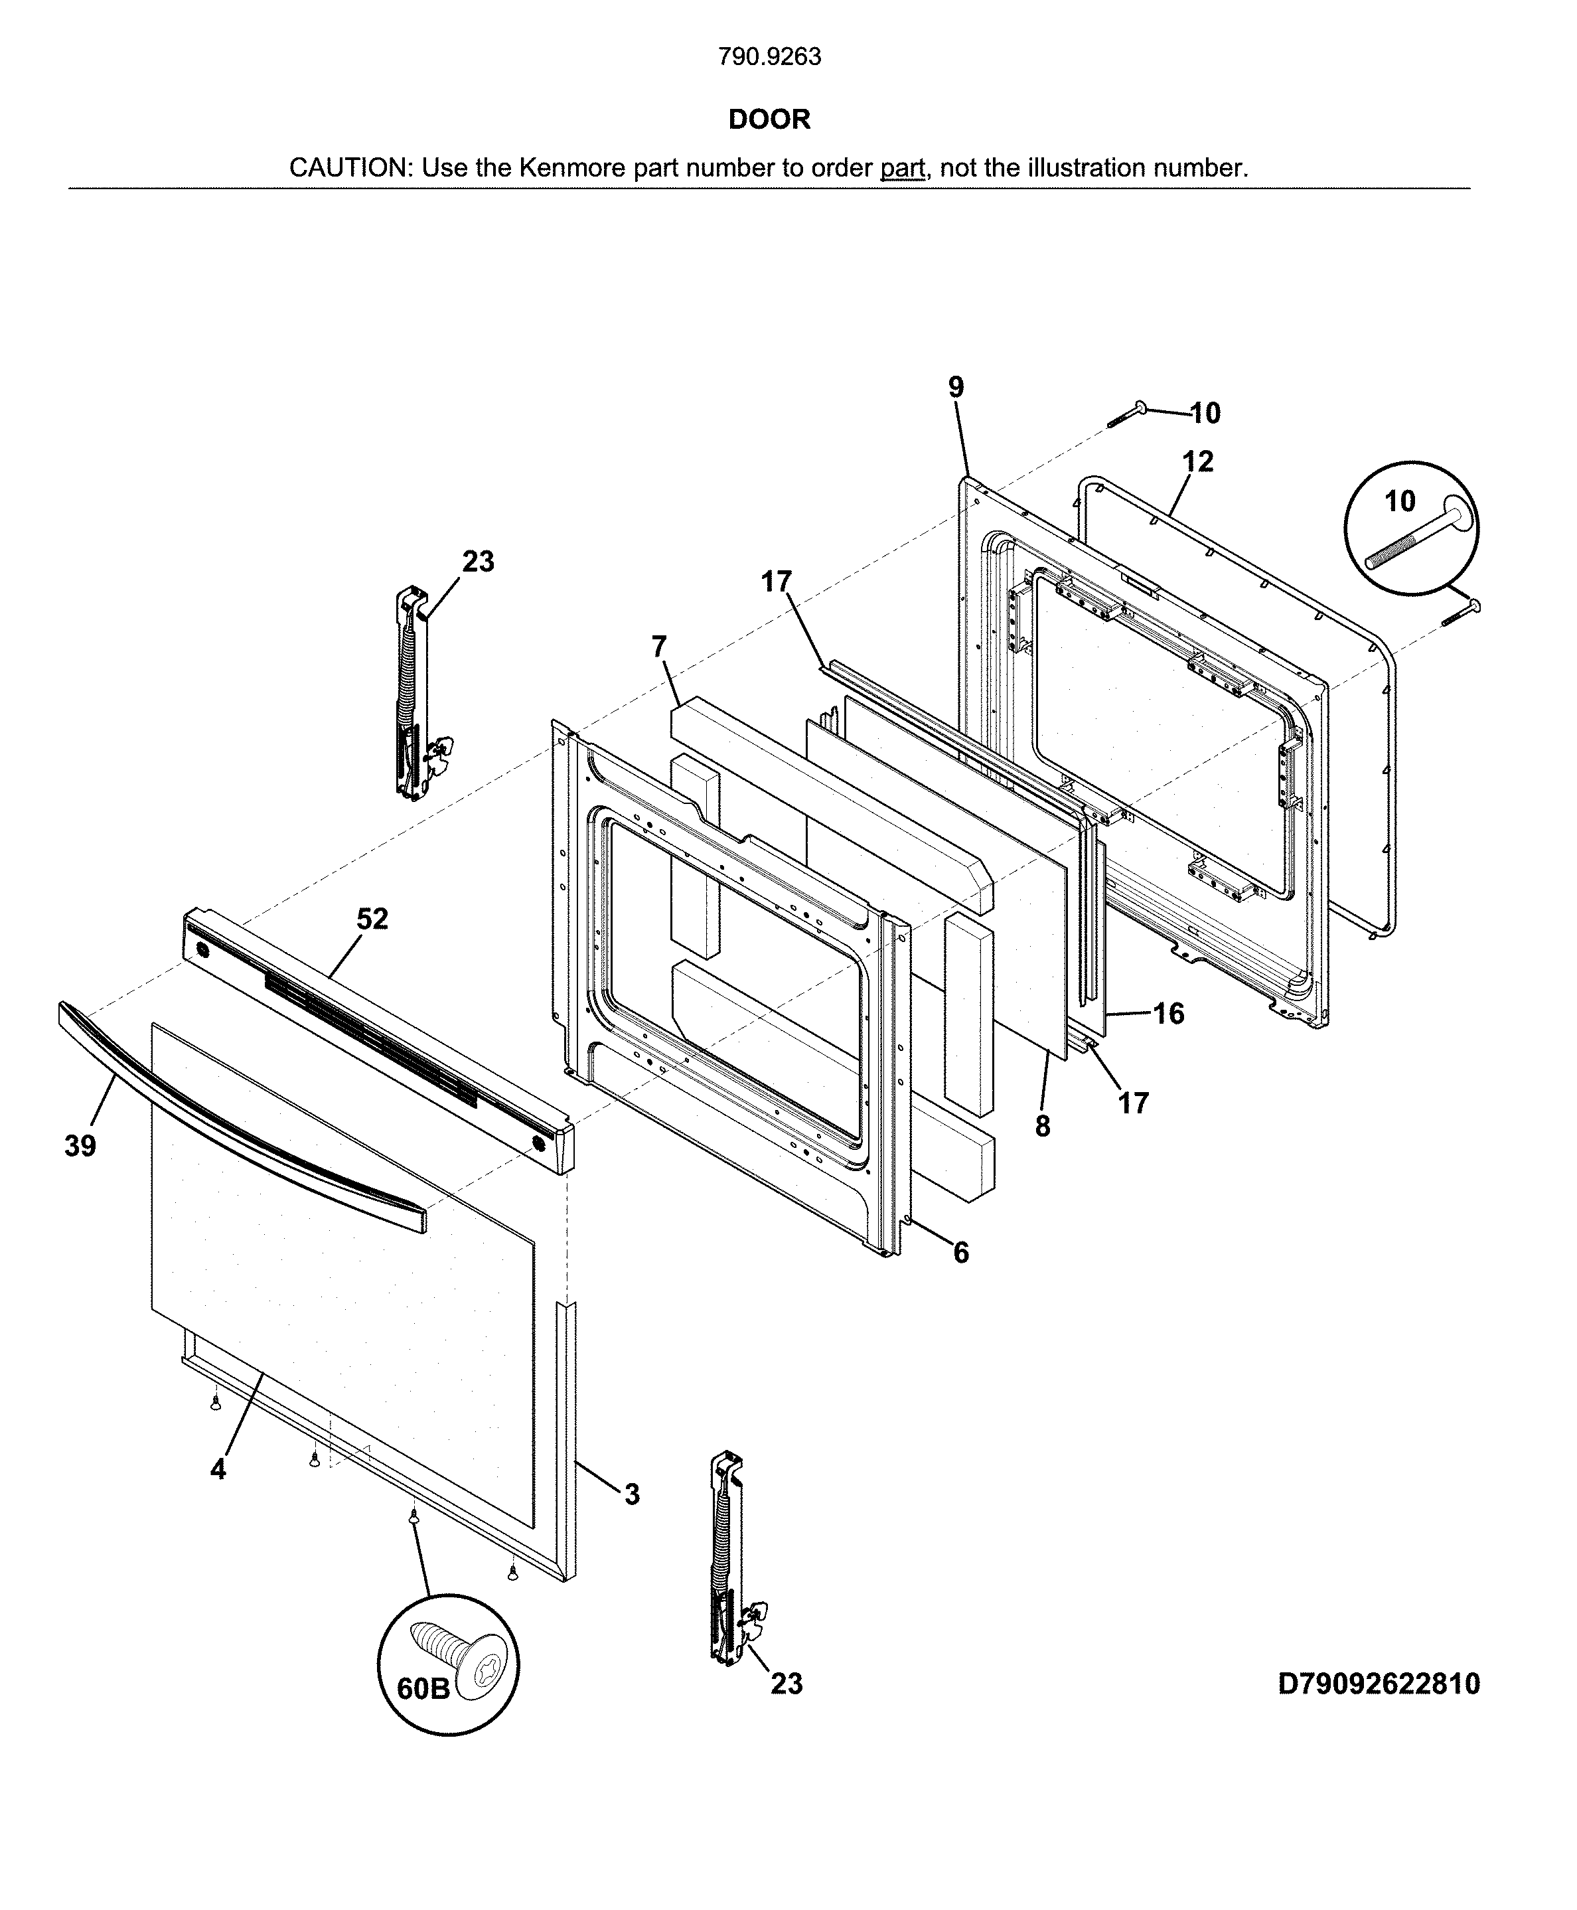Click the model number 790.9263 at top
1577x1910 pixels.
pos(769,56)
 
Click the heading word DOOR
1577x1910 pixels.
pos(769,119)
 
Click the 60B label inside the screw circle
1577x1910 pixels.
pos(423,1688)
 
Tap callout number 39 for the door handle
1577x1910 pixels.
pos(80,1147)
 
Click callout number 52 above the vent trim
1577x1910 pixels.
pos(372,919)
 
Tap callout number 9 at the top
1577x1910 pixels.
pos(956,387)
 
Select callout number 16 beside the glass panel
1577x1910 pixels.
pos(1169,1013)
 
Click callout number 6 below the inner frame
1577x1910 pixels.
pos(961,1253)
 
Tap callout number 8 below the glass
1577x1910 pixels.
pos(1042,1127)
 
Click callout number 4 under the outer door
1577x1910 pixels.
pos(218,1469)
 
